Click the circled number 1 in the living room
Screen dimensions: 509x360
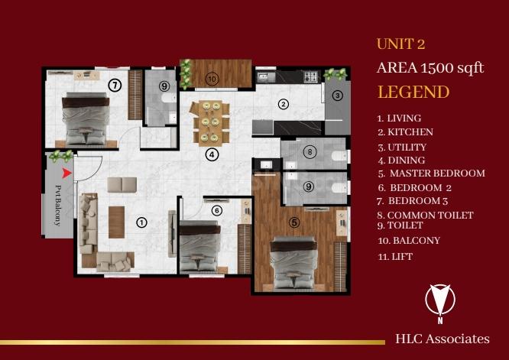pyautogui.click(x=141, y=222)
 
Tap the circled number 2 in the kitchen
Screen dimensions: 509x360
pyautogui.click(x=284, y=104)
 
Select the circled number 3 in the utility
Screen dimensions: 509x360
pyautogui.click(x=338, y=96)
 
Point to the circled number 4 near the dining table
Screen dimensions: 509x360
pyautogui.click(x=212, y=154)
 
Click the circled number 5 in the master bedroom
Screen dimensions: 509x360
pyautogui.click(x=294, y=222)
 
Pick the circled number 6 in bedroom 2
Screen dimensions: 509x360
pyautogui.click(x=217, y=211)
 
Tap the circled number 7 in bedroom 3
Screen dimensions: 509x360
pyautogui.click(x=115, y=86)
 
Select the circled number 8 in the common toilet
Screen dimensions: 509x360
pyautogui.click(x=310, y=151)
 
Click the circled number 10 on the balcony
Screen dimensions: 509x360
pyautogui.click(x=212, y=78)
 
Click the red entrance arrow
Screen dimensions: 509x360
pyautogui.click(x=66, y=174)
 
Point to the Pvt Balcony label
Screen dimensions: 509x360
pyautogui.click(x=58, y=205)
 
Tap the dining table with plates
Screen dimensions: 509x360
pyautogui.click(x=211, y=122)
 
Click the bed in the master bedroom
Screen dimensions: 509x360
pyautogui.click(x=294, y=263)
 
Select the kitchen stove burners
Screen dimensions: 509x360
pyautogui.click(x=310, y=77)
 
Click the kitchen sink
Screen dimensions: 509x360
pyautogui.click(x=266, y=77)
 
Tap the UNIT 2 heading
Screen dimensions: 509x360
pyautogui.click(x=401, y=44)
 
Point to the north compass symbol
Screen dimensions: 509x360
pyautogui.click(x=440, y=303)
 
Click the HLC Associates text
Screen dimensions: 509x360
pyautogui.click(x=443, y=339)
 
